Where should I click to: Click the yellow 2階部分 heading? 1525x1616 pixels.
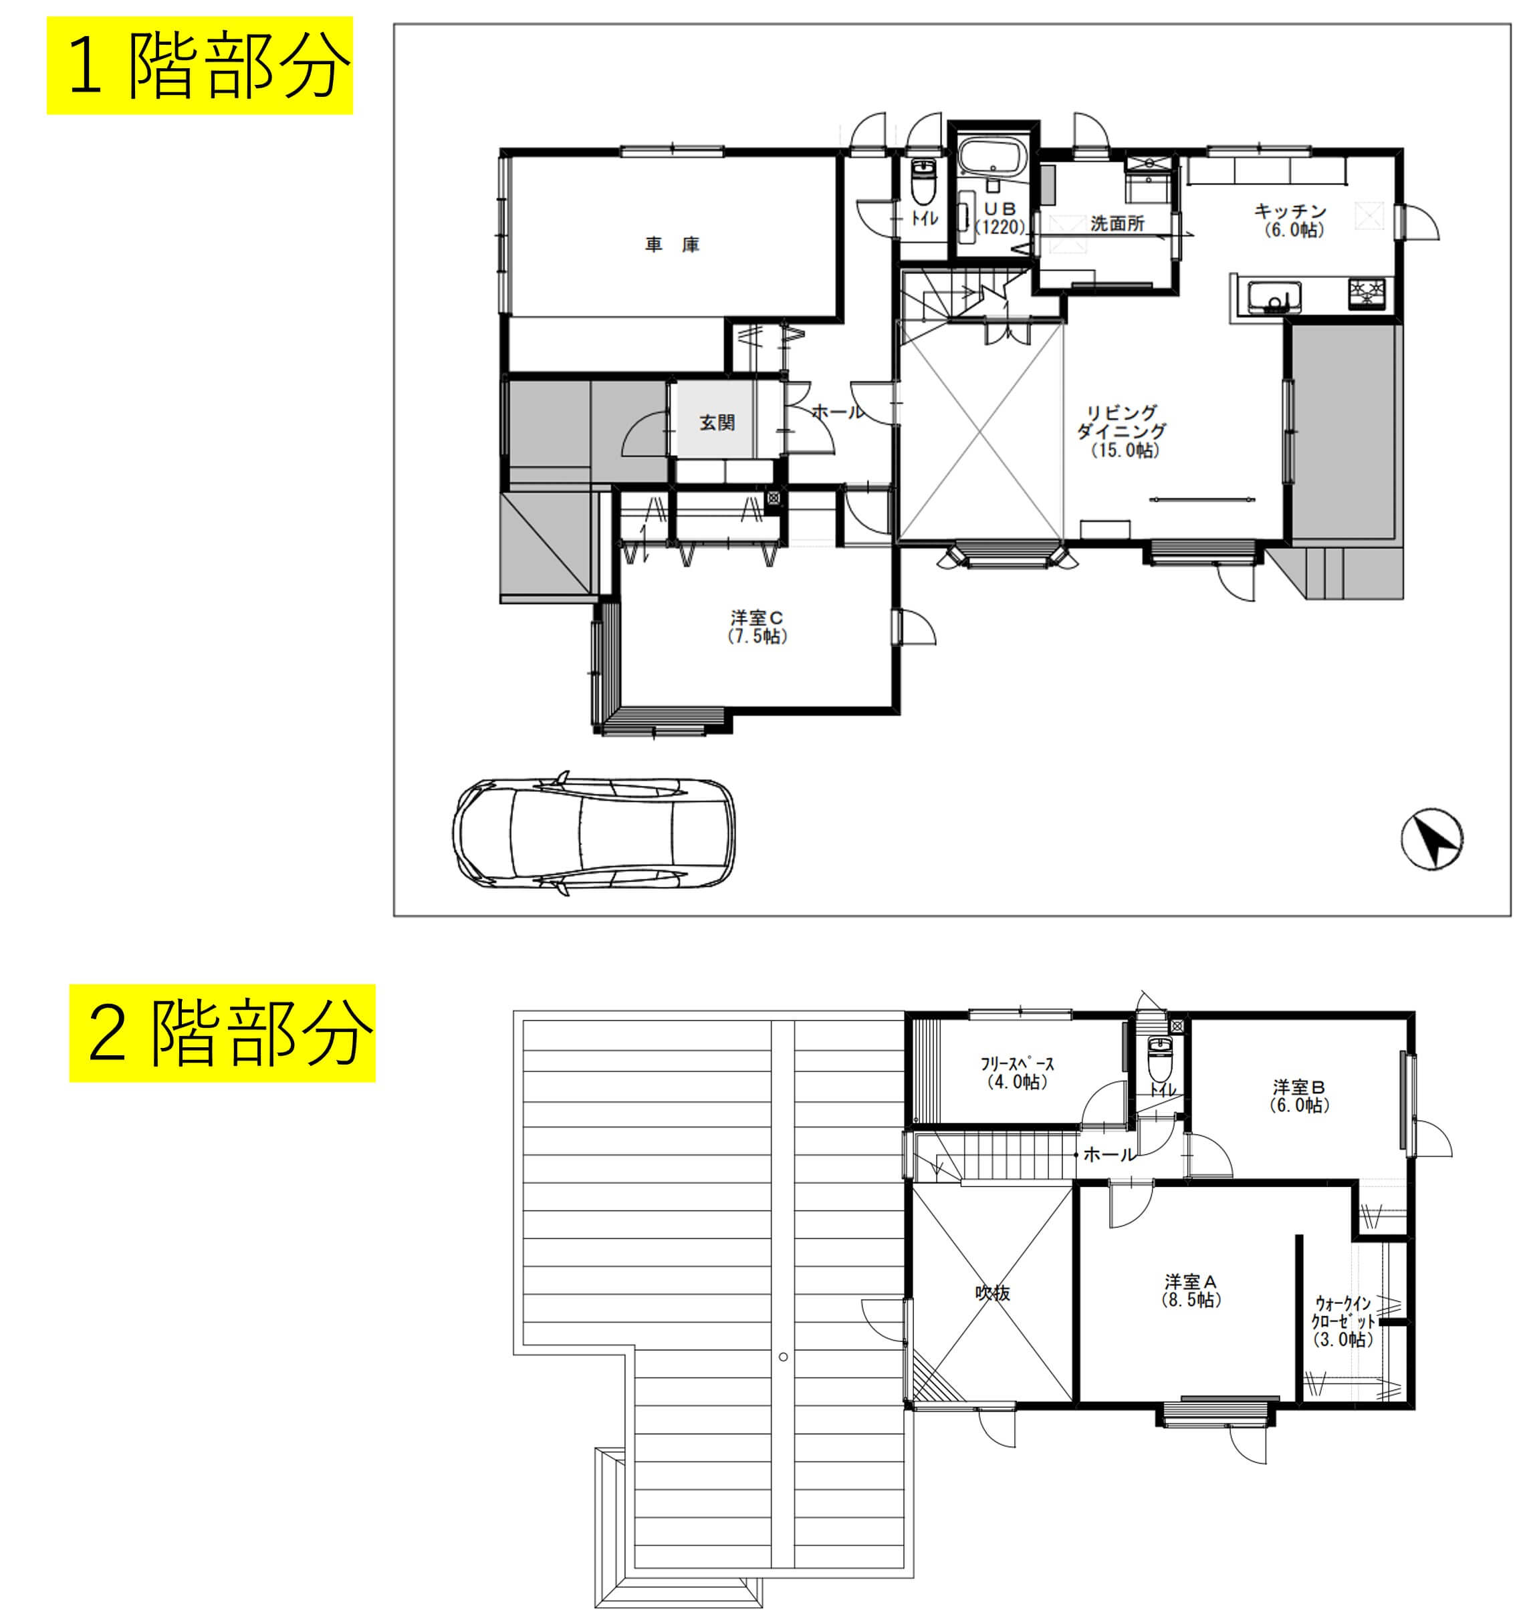(222, 1033)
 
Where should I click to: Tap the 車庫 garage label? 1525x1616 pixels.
(672, 245)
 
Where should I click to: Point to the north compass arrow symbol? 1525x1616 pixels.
(1432, 839)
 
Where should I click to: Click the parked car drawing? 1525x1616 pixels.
(594, 833)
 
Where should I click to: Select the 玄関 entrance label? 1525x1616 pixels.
(717, 422)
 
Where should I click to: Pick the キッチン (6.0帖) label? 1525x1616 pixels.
(1290, 221)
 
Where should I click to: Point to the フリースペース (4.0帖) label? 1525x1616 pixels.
(1018, 1072)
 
